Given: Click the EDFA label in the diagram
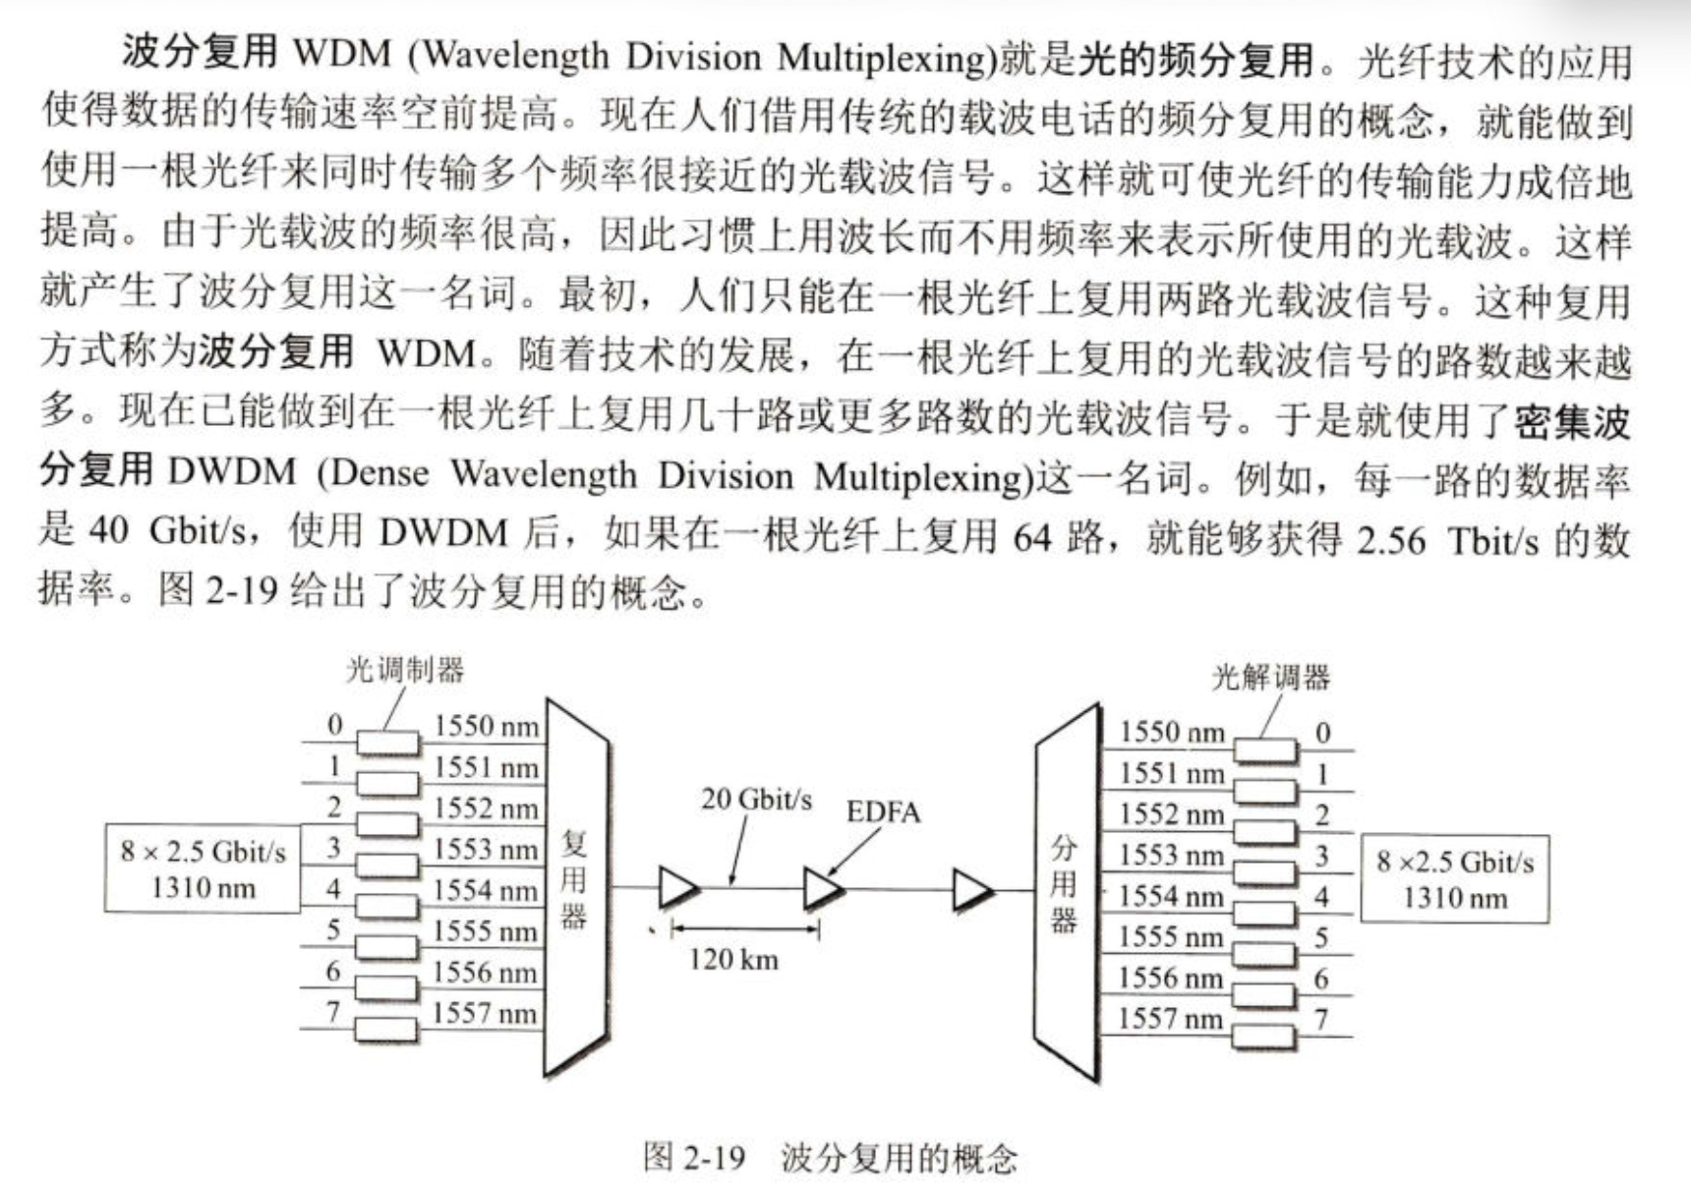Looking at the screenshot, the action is (x=883, y=812).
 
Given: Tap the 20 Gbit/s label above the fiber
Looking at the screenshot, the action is (x=756, y=800).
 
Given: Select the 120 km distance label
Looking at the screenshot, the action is (x=733, y=959).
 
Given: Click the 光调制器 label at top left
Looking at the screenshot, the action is (x=404, y=671).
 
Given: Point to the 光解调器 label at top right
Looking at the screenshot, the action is (x=1271, y=678).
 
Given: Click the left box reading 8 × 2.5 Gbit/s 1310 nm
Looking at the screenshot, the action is (x=203, y=869).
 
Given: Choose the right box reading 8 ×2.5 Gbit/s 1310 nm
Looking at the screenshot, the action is (x=1455, y=878).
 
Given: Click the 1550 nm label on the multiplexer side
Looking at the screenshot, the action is (x=487, y=727).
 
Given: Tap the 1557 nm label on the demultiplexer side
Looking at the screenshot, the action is (x=1170, y=1018).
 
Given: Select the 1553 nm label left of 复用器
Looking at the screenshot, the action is (x=487, y=849).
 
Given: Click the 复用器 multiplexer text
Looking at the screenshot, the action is (x=573, y=879).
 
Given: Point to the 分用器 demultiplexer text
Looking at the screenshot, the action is (x=1063, y=883).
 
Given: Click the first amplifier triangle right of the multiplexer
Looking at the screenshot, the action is (x=678, y=887).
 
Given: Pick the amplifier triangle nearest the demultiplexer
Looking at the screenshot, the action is (x=973, y=891).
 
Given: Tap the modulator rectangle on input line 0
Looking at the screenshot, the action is (x=387, y=744).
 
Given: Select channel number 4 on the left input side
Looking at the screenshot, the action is (x=334, y=888).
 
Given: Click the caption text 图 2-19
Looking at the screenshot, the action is (x=694, y=1157).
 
